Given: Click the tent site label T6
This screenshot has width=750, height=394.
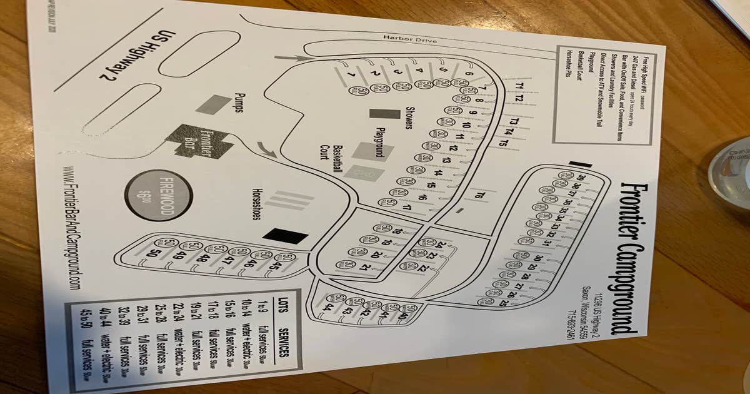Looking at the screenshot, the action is coord(479,196).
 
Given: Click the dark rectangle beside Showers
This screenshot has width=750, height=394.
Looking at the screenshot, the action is coord(384,114).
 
